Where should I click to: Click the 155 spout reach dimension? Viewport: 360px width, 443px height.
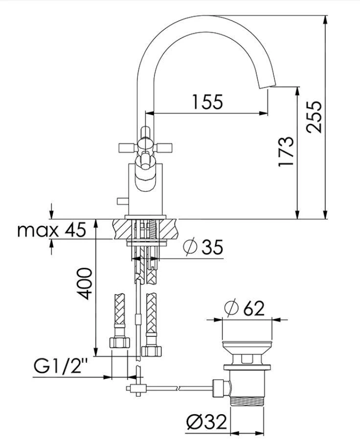[207, 102]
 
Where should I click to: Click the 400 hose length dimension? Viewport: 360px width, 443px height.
[84, 283]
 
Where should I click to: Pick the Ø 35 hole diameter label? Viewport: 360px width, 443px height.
[203, 247]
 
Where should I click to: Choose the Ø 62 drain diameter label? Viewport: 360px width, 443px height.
[244, 308]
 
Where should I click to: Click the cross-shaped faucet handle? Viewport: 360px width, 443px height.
[145, 146]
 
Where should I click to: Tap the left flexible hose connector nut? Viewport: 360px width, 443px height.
[119, 342]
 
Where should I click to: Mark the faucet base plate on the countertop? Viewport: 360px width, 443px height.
[145, 216]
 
